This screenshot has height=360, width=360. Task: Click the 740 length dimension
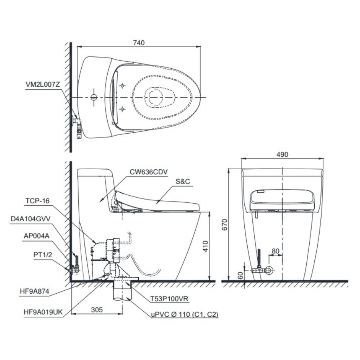139,43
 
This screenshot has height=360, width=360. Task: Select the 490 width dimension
282,154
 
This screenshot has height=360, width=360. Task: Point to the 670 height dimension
224,224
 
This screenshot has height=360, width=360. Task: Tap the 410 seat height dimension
206,246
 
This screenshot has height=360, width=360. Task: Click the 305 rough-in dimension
97,310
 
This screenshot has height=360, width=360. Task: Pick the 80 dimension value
276,251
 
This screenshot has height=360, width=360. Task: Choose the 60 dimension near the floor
240,275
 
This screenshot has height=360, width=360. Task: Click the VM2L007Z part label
43,84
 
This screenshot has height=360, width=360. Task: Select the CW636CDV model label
148,172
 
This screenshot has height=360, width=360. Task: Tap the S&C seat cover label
183,181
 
